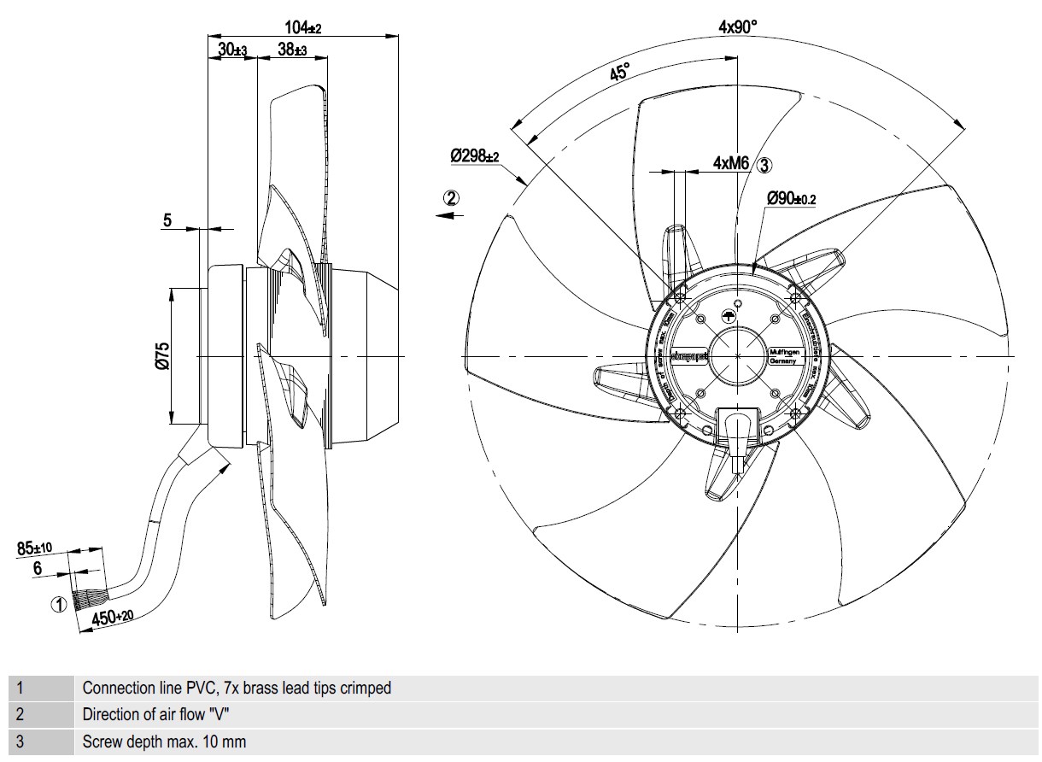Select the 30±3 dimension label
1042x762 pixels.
click(231, 50)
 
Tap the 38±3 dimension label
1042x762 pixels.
click(292, 50)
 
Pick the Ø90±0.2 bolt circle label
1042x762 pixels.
click(791, 198)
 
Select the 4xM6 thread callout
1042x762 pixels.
click(731, 162)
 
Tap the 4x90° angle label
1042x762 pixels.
click(738, 27)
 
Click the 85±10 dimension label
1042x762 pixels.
click(35, 547)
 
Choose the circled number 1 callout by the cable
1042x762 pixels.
click(58, 605)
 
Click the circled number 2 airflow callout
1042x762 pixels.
click(451, 197)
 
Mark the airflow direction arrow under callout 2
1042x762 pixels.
click(450, 216)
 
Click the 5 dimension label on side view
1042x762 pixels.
click(167, 220)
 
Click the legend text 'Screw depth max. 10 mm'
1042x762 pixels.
click(164, 741)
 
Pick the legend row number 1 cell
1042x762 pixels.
click(38, 688)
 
